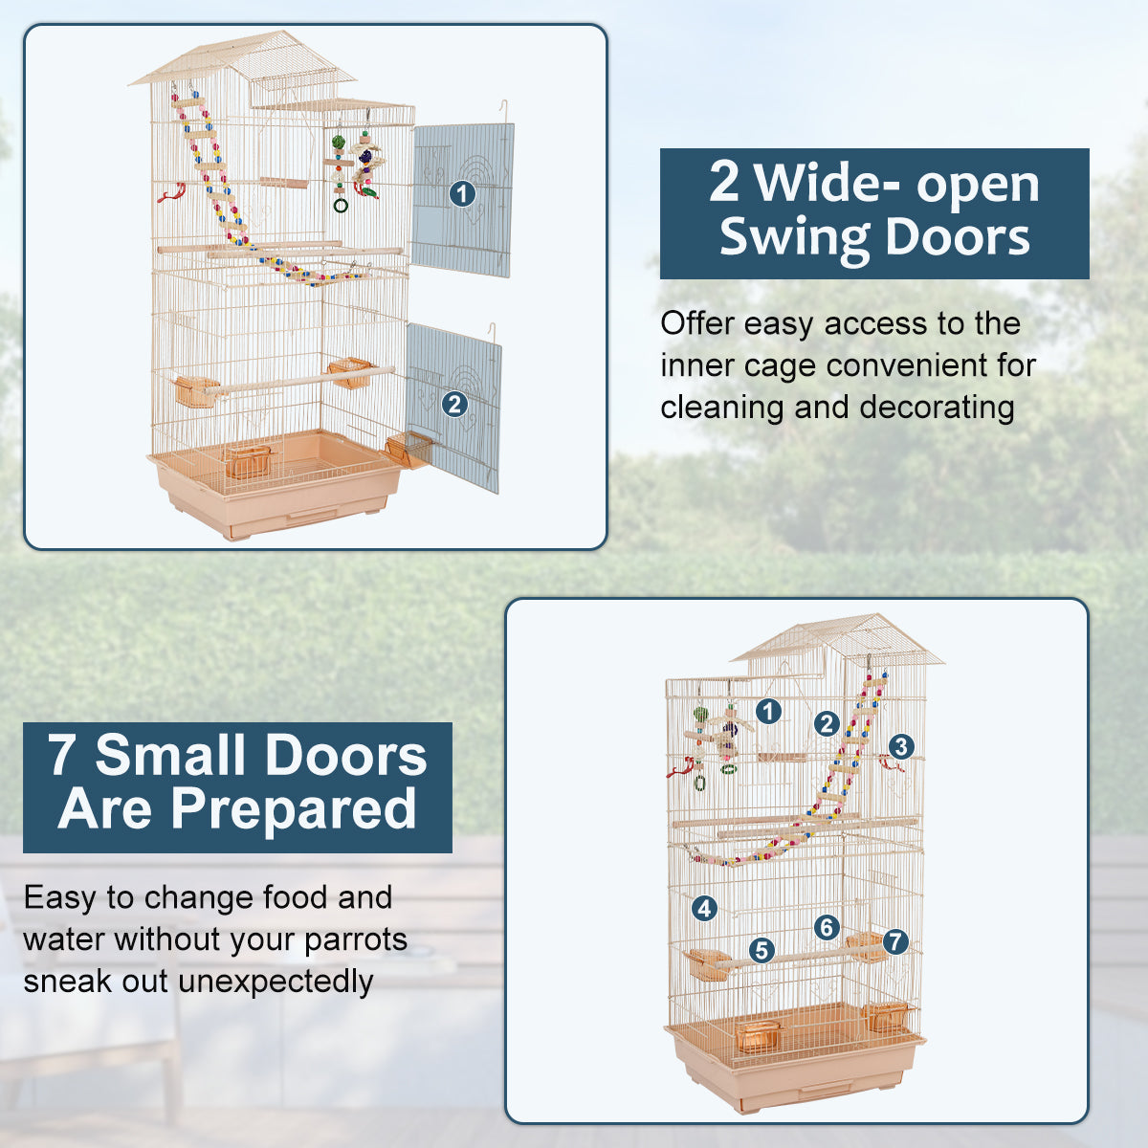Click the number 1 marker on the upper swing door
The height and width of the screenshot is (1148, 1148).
click(462, 194)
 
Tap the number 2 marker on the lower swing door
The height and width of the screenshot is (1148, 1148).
click(454, 404)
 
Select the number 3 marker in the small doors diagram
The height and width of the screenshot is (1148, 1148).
click(900, 746)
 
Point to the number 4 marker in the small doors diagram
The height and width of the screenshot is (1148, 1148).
click(704, 908)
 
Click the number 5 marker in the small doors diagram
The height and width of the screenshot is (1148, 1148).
click(762, 950)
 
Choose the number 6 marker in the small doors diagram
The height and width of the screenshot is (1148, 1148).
click(827, 926)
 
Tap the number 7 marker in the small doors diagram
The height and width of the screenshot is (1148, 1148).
click(894, 941)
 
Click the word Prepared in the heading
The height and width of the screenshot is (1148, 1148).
click(293, 809)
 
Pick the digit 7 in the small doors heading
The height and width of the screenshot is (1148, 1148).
click(62, 756)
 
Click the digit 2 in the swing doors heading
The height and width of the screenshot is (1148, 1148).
click(724, 183)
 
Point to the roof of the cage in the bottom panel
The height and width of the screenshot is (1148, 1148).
click(837, 638)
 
